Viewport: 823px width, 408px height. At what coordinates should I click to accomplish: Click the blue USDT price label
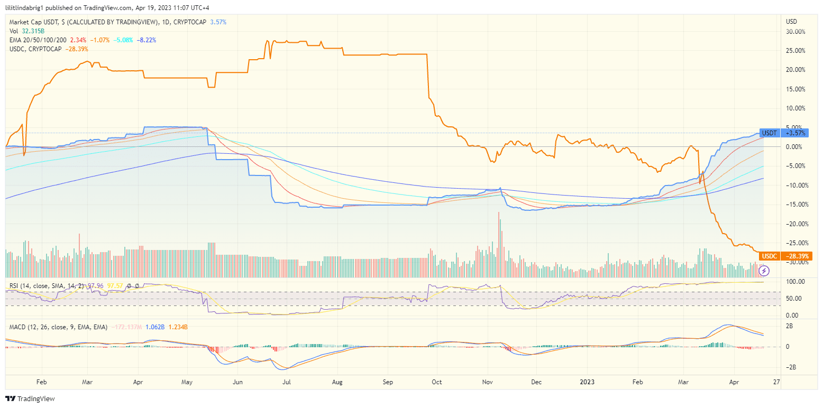pyautogui.click(x=769, y=133)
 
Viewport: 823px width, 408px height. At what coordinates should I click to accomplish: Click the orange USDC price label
pyautogui.click(x=769, y=256)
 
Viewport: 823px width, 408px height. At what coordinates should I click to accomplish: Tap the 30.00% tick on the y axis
pyautogui.click(x=795, y=31)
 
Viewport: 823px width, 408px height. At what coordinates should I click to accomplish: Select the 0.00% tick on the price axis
pyautogui.click(x=797, y=146)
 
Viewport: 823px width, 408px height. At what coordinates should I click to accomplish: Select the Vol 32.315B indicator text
pyautogui.click(x=26, y=31)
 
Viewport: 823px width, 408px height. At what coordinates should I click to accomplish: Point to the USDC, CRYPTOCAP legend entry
pyautogui.click(x=35, y=49)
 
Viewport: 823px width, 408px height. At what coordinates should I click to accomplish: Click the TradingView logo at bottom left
pyautogui.click(x=30, y=398)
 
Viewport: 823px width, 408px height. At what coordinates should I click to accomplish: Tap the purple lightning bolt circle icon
pyautogui.click(x=764, y=271)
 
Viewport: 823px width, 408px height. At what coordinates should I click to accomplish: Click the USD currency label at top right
pyautogui.click(x=791, y=22)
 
